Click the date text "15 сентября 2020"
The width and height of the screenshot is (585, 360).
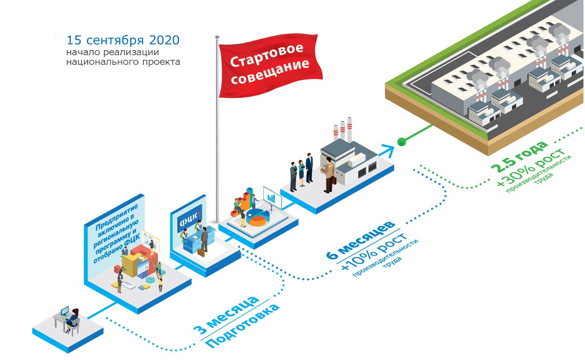coord(122,39)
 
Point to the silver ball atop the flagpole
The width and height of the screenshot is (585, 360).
coord(217,37)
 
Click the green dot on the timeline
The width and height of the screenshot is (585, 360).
coord(401,142)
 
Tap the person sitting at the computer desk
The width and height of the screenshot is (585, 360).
coord(73,319)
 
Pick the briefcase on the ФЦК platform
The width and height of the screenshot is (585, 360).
coord(201,252)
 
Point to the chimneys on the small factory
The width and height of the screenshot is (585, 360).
coord(343,129)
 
